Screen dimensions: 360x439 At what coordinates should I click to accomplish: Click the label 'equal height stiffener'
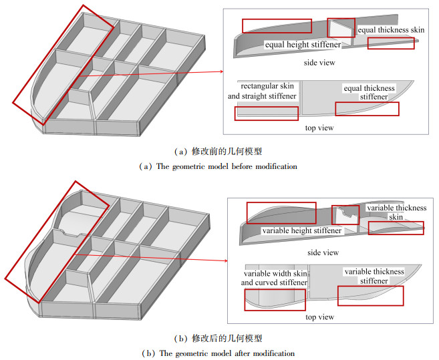pyautogui.click(x=303, y=45)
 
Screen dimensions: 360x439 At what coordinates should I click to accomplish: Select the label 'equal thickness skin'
pyautogui.click(x=391, y=30)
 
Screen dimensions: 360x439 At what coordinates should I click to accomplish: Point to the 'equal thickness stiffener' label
pyautogui.click(x=369, y=93)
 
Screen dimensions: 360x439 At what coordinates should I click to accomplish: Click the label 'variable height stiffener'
pyautogui.click(x=302, y=230)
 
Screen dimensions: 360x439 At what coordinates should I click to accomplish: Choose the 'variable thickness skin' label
pyautogui.click(x=396, y=212)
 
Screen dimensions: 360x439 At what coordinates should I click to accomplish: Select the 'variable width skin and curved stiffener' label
pyautogui.click(x=275, y=278)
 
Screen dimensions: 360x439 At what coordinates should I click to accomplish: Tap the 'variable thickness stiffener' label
pyautogui.click(x=374, y=277)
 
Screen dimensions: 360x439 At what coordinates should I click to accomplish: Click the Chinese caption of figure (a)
pyautogui.click(x=218, y=152)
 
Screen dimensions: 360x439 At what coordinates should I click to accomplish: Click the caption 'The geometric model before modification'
pyautogui.click(x=218, y=166)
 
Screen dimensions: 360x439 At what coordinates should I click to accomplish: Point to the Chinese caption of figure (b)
pyautogui.click(x=218, y=338)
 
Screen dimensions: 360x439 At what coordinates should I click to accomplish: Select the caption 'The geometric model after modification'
pyautogui.click(x=218, y=353)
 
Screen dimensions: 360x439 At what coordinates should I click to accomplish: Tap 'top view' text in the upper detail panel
pyautogui.click(x=319, y=127)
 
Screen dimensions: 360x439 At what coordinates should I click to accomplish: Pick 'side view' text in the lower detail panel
pyautogui.click(x=323, y=252)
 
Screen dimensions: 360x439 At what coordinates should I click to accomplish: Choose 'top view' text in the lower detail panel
pyautogui.click(x=319, y=317)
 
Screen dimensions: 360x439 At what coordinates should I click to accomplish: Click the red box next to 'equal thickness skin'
pyautogui.click(x=390, y=43)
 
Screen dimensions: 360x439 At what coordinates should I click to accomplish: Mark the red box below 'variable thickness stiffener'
pyautogui.click(x=370, y=296)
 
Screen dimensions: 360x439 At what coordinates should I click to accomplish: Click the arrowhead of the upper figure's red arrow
pyautogui.click(x=221, y=71)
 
